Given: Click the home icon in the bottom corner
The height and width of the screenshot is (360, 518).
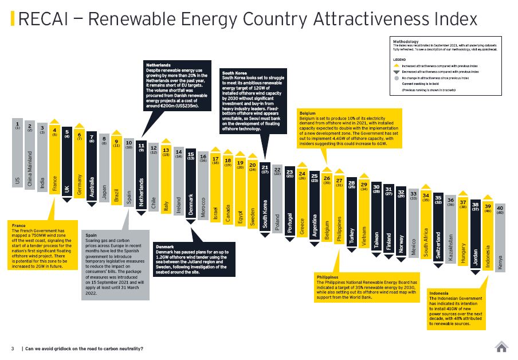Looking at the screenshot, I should [x=501, y=347].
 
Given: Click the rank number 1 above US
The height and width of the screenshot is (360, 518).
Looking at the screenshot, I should [x=17, y=123].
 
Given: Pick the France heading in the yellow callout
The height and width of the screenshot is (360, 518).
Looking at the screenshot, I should [x=18, y=226].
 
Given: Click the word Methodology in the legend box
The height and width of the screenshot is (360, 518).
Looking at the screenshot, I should [x=406, y=41].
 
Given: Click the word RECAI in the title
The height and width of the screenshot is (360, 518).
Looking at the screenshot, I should [x=42, y=19].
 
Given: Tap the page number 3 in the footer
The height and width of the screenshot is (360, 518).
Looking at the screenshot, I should [x=12, y=349].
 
